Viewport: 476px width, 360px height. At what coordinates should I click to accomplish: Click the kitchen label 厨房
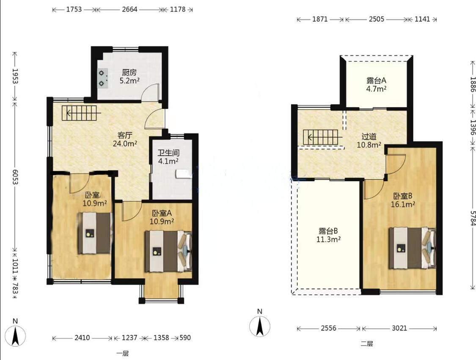(x=129, y=72)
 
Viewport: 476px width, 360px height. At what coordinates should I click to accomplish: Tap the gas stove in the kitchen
(x=102, y=78)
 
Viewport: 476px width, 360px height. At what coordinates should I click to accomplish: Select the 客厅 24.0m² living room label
(x=125, y=139)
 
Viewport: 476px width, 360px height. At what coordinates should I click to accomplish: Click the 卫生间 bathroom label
(x=168, y=153)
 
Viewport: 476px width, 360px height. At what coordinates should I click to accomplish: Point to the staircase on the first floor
(x=79, y=113)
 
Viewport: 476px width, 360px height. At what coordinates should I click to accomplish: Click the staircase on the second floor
(x=320, y=137)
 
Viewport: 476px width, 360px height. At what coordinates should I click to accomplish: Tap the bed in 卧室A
(x=168, y=251)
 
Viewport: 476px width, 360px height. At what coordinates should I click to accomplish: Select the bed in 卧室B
(x=413, y=248)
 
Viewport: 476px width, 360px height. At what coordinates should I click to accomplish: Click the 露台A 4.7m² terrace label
(x=377, y=85)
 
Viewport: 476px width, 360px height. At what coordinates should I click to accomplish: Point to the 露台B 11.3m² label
(x=328, y=235)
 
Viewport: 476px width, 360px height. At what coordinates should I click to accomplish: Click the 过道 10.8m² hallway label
(x=369, y=141)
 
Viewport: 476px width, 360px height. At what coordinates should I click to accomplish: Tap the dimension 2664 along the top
(x=129, y=9)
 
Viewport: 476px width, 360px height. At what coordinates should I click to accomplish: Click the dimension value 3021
(x=399, y=328)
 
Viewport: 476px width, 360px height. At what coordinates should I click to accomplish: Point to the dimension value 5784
(x=472, y=218)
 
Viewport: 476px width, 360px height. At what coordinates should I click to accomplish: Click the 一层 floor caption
(x=123, y=353)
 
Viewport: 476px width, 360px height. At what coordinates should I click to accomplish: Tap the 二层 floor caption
(x=367, y=344)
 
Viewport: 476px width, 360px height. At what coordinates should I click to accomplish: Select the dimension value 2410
(x=82, y=338)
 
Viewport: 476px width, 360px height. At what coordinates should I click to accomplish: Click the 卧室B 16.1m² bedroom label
(x=403, y=200)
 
